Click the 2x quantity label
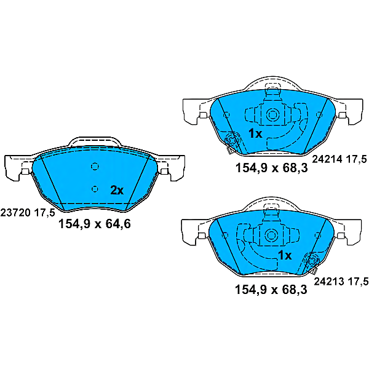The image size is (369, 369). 117,190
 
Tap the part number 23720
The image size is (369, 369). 15,213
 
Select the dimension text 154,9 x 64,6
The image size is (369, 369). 94,224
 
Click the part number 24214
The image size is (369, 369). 327,159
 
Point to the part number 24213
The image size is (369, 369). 329,282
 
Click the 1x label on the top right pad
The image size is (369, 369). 255,133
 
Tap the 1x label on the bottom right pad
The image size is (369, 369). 285,255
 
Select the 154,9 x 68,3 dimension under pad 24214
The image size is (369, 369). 272,168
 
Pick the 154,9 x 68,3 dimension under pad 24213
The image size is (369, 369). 271,290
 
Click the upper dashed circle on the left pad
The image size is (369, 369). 95,167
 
